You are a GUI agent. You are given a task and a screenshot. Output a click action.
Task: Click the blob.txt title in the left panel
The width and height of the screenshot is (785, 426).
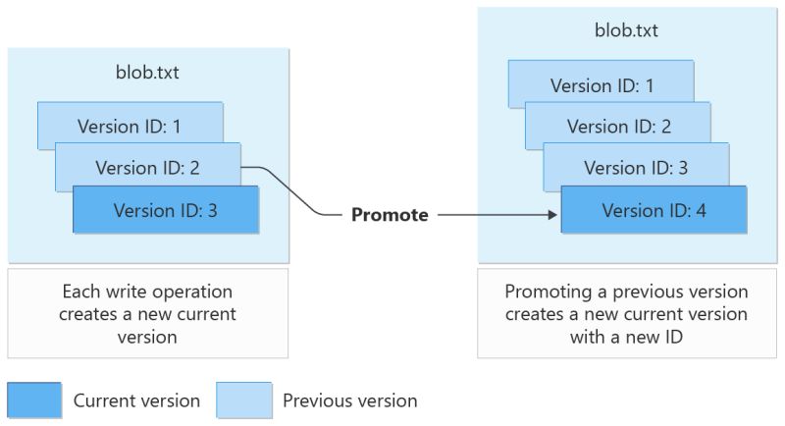pos(147,72)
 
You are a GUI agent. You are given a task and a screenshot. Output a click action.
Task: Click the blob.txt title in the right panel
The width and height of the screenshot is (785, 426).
pos(626,29)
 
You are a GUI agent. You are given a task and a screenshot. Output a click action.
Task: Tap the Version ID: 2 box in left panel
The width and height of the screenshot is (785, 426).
pos(147,167)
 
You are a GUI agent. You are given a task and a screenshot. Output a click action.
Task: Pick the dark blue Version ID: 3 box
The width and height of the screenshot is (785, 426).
pos(165,210)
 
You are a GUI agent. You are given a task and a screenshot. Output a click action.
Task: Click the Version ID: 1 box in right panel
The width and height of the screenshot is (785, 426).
pos(601,85)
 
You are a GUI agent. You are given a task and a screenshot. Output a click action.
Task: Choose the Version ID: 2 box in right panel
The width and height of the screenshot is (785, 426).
pos(618,126)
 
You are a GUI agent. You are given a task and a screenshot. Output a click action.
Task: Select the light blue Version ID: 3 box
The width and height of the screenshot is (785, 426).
pos(635,167)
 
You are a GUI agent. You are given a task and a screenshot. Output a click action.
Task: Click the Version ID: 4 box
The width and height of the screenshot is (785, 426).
pos(653,210)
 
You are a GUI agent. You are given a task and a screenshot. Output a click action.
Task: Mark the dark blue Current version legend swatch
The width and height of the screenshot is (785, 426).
pos(33,399)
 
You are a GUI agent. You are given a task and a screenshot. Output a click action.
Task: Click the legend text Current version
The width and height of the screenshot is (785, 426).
pos(136,400)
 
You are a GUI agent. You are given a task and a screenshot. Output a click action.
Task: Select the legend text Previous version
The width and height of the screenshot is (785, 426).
pos(349,400)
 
